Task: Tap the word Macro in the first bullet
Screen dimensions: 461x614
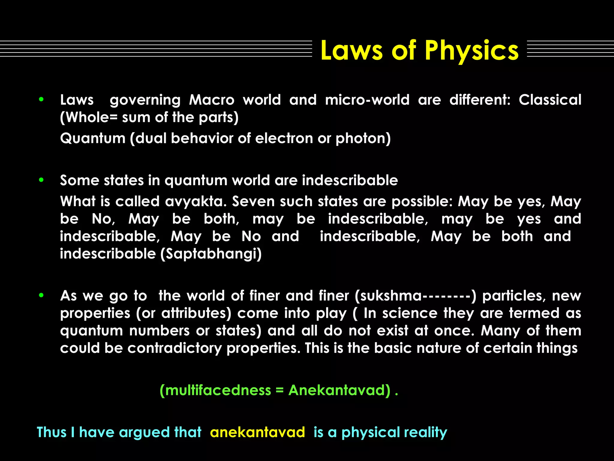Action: pyautogui.click(x=212, y=100)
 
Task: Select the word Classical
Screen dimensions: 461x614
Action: pyautogui.click(x=550, y=100)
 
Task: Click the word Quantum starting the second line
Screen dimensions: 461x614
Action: pyautogui.click(x=93, y=138)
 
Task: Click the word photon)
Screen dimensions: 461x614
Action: pyautogui.click(x=363, y=138)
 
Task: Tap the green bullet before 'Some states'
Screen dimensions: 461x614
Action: pyautogui.click(x=41, y=180)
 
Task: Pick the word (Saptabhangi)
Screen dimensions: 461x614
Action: pyautogui.click(x=211, y=254)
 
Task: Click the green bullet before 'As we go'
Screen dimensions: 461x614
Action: pyautogui.click(x=41, y=295)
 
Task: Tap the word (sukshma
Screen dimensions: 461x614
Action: pyautogui.click(x=388, y=296)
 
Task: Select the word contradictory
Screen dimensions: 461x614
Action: pyautogui.click(x=174, y=348)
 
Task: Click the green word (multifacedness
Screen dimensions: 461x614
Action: pyautogui.click(x=215, y=390)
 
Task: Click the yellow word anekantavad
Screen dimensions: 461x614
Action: pyautogui.click(x=258, y=432)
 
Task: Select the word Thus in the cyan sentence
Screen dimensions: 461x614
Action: pyautogui.click(x=51, y=432)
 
